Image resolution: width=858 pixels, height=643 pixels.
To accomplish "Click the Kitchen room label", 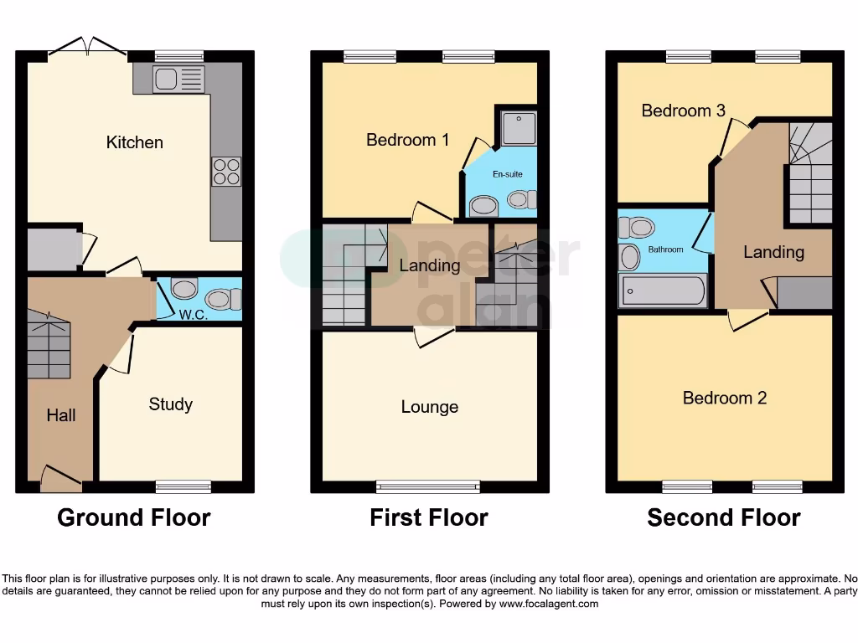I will click(x=134, y=142).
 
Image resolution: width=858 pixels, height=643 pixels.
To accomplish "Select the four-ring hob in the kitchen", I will click(x=226, y=172).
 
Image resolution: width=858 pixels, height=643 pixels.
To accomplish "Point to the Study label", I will click(x=170, y=404).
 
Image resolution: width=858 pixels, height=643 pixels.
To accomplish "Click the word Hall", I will click(x=61, y=415).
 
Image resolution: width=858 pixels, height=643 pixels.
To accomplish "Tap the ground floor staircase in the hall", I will click(x=49, y=344).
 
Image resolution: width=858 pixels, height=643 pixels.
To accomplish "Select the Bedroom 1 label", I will click(x=407, y=140).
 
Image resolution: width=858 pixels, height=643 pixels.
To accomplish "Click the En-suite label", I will click(x=508, y=175).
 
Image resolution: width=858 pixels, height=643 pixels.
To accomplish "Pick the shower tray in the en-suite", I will click(x=519, y=128).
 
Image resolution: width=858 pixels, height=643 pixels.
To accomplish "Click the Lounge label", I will click(x=429, y=407).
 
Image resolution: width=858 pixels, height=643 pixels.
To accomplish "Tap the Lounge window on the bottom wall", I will click(x=428, y=486).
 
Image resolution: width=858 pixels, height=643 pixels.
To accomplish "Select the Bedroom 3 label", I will click(x=683, y=111).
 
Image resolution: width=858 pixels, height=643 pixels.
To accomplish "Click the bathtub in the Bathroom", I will click(x=663, y=291).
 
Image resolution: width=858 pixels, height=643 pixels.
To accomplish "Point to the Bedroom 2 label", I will click(x=724, y=398).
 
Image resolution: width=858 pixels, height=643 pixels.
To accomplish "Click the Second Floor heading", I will click(x=723, y=517).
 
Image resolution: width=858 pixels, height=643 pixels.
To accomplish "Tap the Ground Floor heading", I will click(x=133, y=517).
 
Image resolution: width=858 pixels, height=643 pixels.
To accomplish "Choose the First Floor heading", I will click(x=428, y=517).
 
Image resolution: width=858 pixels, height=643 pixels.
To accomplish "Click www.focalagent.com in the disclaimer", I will click(x=549, y=604).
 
